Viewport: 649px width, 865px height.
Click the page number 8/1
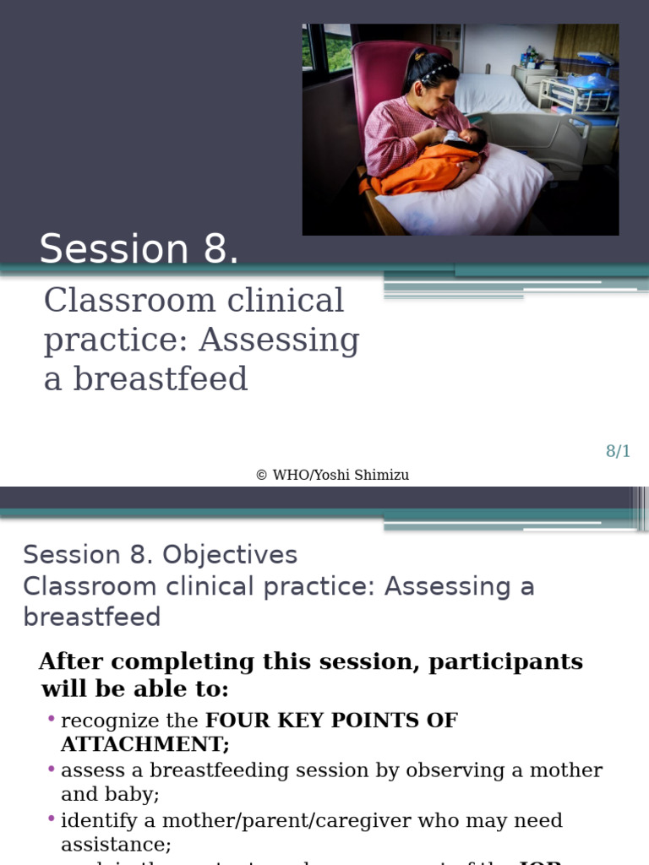(x=618, y=451)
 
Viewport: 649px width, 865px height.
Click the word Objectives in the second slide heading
(x=229, y=555)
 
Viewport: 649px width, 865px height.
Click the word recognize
(x=110, y=721)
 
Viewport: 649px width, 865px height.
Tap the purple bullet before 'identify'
(x=52, y=819)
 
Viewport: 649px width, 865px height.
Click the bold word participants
(x=505, y=661)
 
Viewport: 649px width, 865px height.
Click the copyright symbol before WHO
(x=261, y=475)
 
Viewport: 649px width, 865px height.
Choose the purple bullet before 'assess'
(x=52, y=769)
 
